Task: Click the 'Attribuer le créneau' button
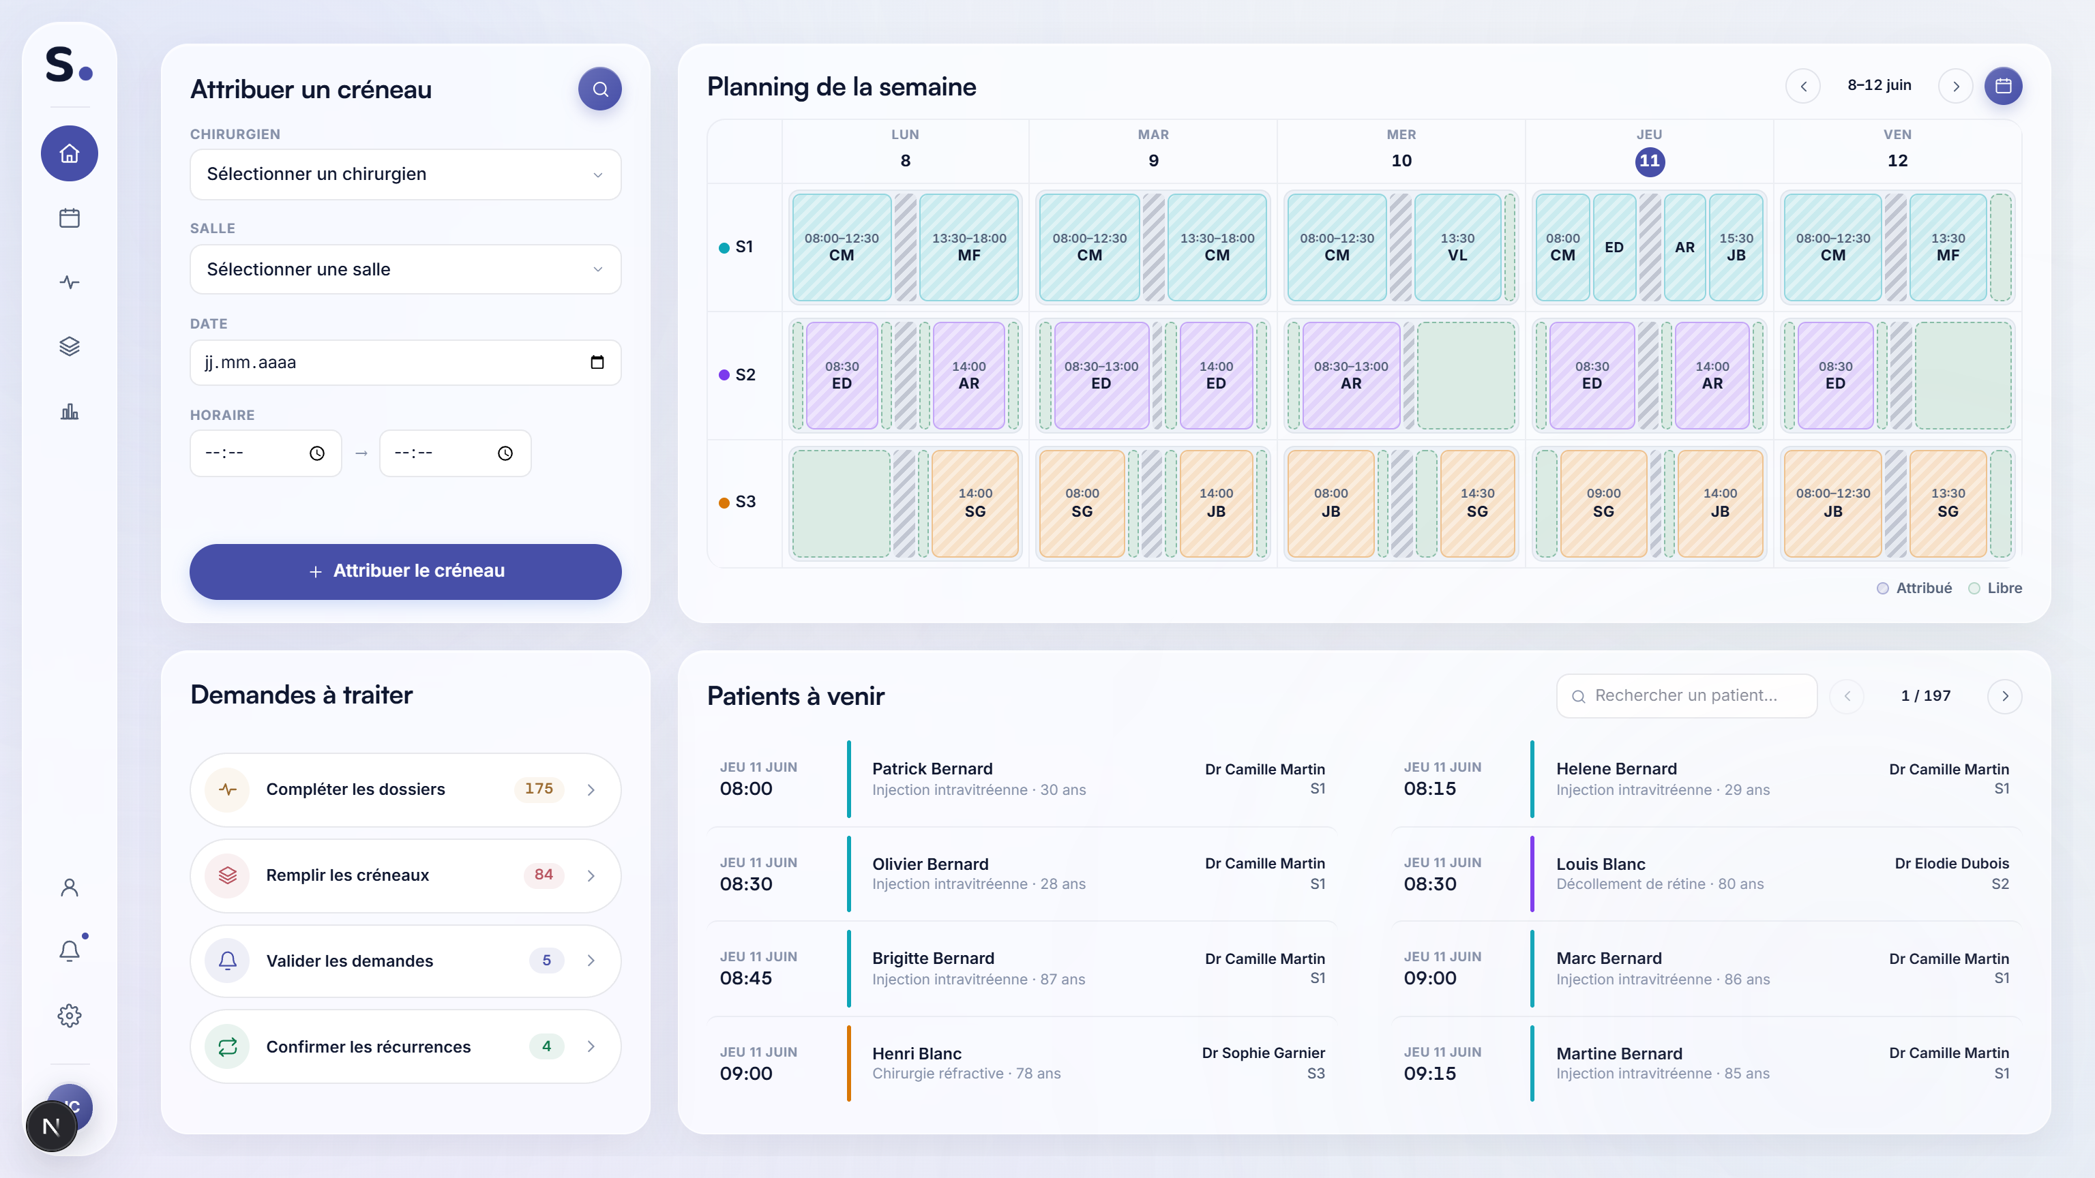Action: [405, 571]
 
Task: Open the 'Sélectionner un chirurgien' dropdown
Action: [405, 174]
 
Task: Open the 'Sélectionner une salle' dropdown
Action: [405, 269]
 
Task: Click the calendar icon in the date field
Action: [597, 363]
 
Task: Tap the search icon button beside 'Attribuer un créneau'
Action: [600, 89]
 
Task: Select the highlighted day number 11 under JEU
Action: [1649, 161]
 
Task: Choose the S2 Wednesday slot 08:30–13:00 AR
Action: [1351, 375]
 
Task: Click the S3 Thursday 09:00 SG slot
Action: [1603, 502]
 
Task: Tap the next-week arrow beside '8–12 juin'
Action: [1956, 86]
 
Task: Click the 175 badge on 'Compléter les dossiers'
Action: [538, 789]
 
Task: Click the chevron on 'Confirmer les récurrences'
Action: [591, 1046]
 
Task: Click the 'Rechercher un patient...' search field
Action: [1687, 696]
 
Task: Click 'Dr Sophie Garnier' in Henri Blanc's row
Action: [1263, 1053]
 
